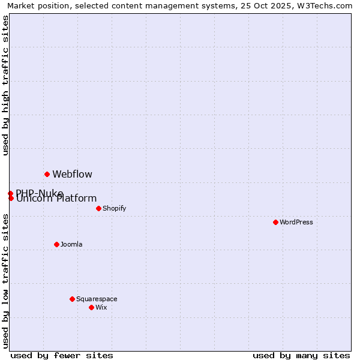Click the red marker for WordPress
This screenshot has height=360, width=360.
275,222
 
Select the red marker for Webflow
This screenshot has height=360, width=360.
47,174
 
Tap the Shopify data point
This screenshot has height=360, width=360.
98,208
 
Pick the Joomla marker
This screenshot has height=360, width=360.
56,244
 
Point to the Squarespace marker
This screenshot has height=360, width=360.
72,299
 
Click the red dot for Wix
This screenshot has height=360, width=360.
91,307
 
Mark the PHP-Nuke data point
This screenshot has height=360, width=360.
10,193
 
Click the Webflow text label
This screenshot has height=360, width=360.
72,175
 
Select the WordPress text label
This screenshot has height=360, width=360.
296,222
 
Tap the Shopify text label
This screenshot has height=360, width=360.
114,208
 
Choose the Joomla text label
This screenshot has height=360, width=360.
71,244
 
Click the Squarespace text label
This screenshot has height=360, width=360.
97,299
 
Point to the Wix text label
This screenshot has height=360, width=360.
101,307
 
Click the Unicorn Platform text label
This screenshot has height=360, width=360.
56,199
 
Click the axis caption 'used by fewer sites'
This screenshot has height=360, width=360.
62,355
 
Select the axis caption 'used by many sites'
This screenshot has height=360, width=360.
301,355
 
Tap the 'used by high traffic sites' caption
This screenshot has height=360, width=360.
5,85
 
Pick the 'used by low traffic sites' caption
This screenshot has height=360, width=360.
5,280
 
